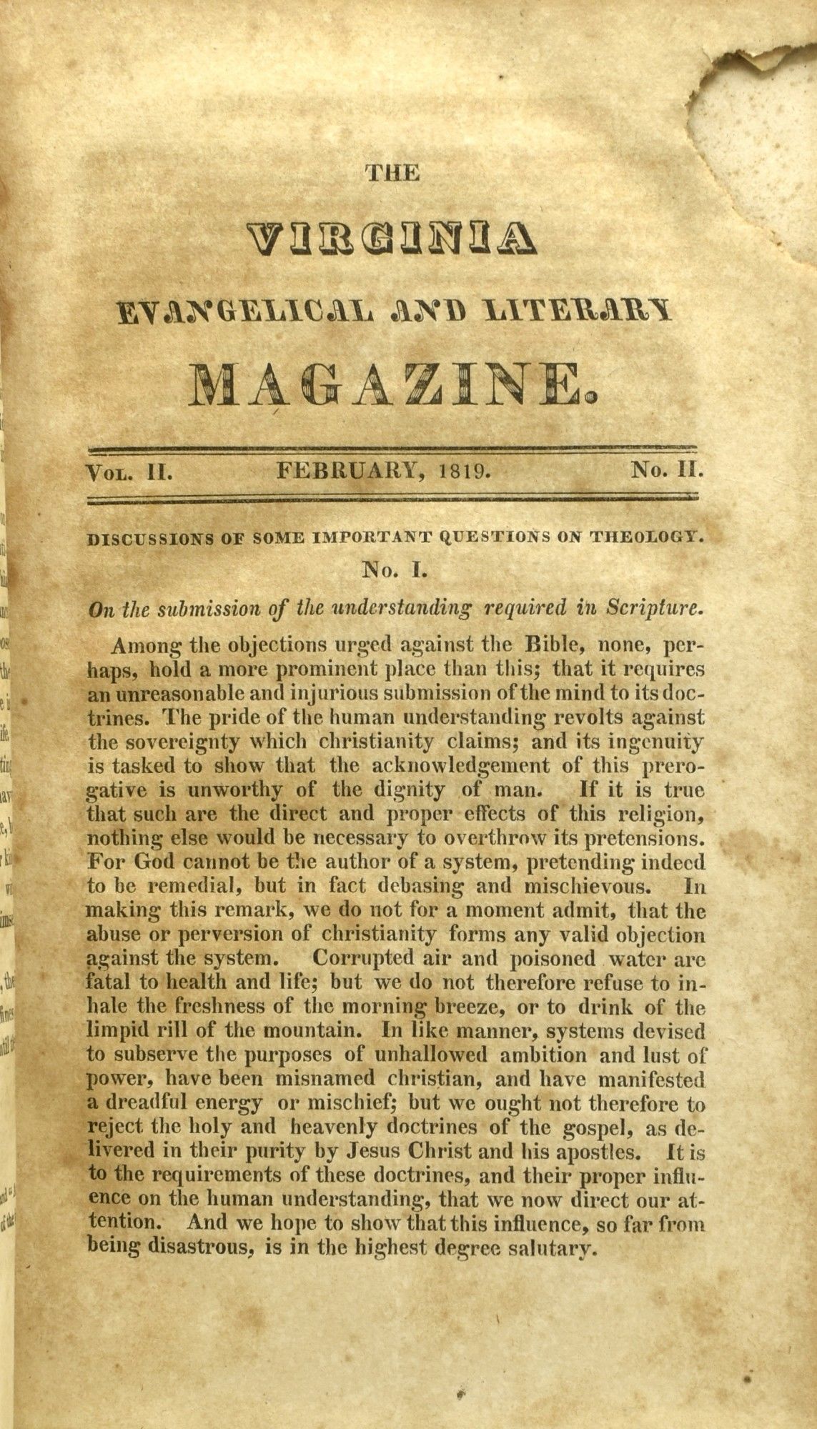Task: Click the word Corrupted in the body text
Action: pyautogui.click(x=361, y=957)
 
